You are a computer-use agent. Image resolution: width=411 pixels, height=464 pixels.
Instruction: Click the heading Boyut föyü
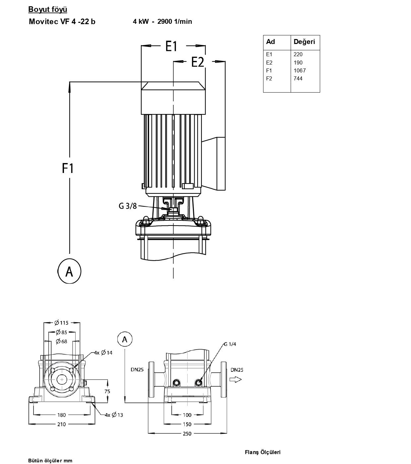coord(48,10)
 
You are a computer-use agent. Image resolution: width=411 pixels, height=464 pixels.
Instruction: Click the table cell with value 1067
coord(300,70)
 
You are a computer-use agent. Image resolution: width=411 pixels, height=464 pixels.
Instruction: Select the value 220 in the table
coord(298,55)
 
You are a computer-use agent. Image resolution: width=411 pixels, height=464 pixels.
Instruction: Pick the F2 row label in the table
coord(269,79)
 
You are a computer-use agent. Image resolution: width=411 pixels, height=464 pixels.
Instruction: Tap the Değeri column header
coord(304,42)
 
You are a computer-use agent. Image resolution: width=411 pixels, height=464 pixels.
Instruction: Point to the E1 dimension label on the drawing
coord(171,46)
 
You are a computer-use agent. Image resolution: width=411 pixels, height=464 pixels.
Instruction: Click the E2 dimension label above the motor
coord(198,62)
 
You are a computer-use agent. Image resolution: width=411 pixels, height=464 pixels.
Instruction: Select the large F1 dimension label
coord(68,168)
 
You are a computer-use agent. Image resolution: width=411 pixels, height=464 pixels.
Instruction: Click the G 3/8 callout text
coord(128,206)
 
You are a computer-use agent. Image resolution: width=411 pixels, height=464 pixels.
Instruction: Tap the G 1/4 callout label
coord(230,344)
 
